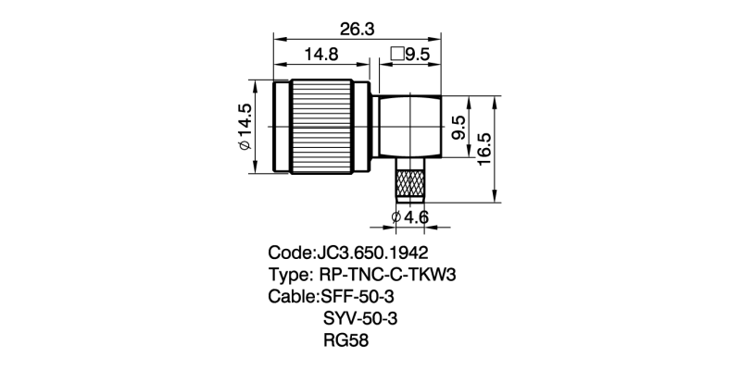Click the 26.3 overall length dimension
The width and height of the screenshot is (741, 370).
click(x=356, y=29)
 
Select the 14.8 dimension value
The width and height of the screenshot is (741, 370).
click(x=320, y=55)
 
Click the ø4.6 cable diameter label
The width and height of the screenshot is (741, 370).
click(x=410, y=217)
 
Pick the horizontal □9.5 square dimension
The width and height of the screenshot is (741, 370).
click(x=410, y=55)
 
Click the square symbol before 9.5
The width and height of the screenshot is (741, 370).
click(x=396, y=55)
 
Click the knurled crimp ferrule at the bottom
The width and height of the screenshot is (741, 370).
click(x=411, y=181)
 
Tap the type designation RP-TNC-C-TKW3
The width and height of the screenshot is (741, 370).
click(x=389, y=275)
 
